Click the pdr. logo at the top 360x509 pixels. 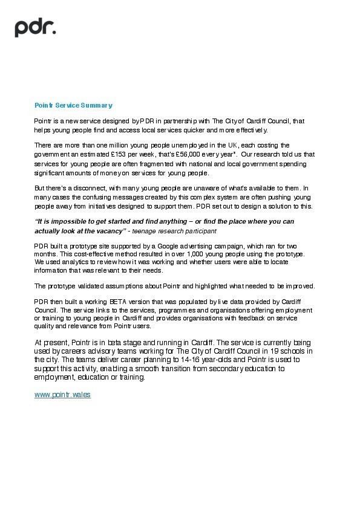[36, 27]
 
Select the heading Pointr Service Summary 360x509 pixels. [73, 105]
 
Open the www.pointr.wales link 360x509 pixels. [62, 394]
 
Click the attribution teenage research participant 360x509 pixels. [174, 231]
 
